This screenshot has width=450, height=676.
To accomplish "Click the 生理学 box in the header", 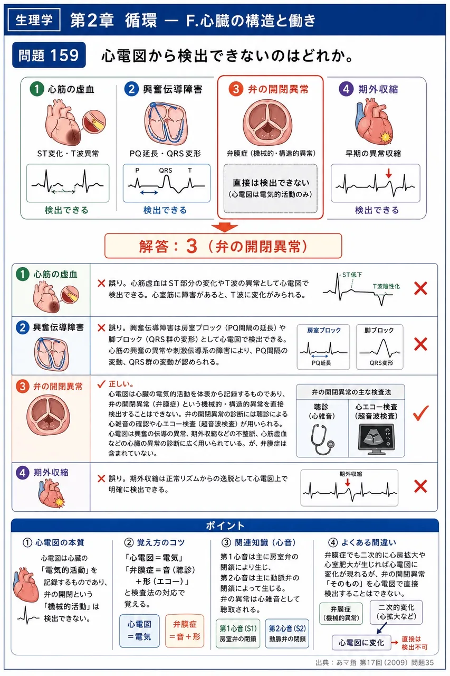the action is click(x=34, y=20).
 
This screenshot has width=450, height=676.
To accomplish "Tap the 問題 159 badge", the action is click(x=49, y=55).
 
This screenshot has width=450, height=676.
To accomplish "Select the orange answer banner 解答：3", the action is click(x=223, y=246).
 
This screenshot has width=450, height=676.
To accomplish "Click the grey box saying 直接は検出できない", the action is click(x=270, y=188).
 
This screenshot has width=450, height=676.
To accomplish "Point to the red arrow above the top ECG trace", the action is click(x=389, y=173).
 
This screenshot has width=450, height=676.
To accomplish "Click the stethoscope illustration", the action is click(x=322, y=439).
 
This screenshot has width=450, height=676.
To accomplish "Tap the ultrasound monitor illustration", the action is click(x=376, y=439).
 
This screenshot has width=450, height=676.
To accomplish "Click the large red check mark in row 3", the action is click(x=421, y=413).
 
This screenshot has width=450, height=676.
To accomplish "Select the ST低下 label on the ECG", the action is click(x=352, y=275).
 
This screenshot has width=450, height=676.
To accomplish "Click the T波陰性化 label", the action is click(x=386, y=286).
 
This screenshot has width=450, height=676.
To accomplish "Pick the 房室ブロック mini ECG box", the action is click(x=323, y=347).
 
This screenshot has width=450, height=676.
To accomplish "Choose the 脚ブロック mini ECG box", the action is click(x=379, y=347).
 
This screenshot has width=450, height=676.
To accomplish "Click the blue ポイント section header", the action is click(x=225, y=525).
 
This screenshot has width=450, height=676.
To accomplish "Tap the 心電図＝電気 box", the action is click(x=139, y=631).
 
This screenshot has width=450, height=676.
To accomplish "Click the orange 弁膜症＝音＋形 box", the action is click(x=185, y=631).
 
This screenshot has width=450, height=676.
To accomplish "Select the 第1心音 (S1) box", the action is click(x=238, y=633).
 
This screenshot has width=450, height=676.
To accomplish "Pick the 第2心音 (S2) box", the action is click(x=287, y=633).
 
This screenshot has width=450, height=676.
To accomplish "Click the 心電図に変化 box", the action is click(x=361, y=643).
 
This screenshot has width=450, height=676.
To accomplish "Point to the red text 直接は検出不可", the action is click(x=415, y=643).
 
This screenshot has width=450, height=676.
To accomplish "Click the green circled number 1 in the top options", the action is click(x=37, y=89).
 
